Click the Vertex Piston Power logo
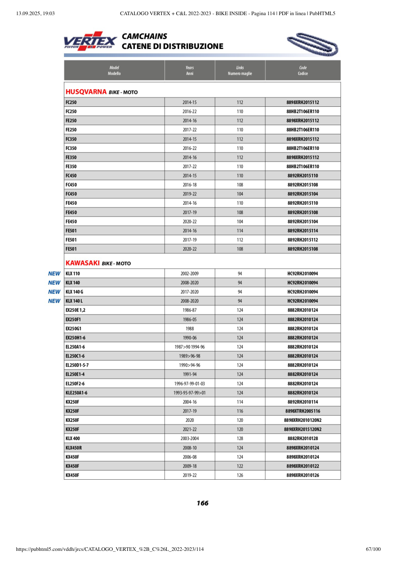click(90, 41)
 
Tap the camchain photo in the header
click(313, 44)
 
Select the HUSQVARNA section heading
click(84, 92)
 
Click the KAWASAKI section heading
click(83, 263)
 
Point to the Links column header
click(240, 70)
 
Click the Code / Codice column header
click(303, 70)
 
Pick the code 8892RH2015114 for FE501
click(303, 231)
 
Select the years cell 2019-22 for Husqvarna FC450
click(189, 194)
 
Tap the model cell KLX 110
click(73, 274)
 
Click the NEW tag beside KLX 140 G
click(54, 292)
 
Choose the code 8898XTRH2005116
click(303, 411)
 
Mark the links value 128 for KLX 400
click(240, 439)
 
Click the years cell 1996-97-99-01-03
click(189, 384)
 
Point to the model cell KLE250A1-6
click(76, 393)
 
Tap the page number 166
click(202, 503)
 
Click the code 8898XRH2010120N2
click(303, 420)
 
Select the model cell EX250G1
click(73, 328)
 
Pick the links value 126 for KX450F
click(240, 475)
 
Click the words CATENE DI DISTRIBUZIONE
click(172, 46)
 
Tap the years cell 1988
click(189, 328)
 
